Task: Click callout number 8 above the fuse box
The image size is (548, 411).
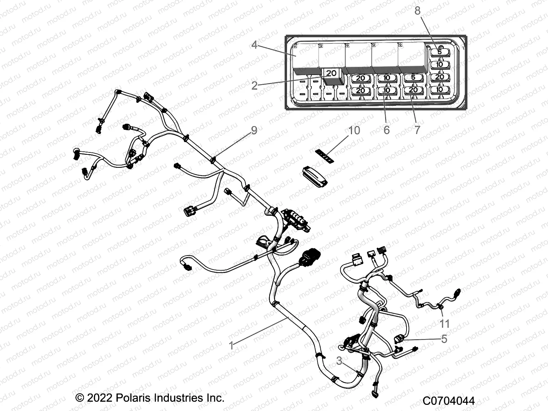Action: click(x=417, y=11)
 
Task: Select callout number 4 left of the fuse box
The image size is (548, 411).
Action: click(x=254, y=45)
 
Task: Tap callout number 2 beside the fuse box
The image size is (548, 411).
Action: click(x=254, y=85)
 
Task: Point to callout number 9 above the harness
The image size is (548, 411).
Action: click(x=254, y=130)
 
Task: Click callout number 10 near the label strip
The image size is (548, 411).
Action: click(x=354, y=130)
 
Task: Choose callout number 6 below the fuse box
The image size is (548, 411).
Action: click(x=386, y=130)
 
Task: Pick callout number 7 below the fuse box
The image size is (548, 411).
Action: click(x=417, y=130)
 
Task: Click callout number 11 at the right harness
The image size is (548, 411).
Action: click(x=445, y=323)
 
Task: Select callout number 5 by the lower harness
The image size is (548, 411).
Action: click(x=444, y=339)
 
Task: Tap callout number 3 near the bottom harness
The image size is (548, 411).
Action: click(x=339, y=361)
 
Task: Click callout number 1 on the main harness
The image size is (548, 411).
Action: click(x=232, y=345)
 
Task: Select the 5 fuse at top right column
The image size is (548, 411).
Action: click(x=439, y=52)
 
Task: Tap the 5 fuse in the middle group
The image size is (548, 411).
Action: click(x=413, y=77)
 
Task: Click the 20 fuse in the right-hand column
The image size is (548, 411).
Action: click(x=439, y=77)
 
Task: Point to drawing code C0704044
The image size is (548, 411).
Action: click(x=448, y=401)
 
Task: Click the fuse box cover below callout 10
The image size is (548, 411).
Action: click(x=314, y=177)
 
